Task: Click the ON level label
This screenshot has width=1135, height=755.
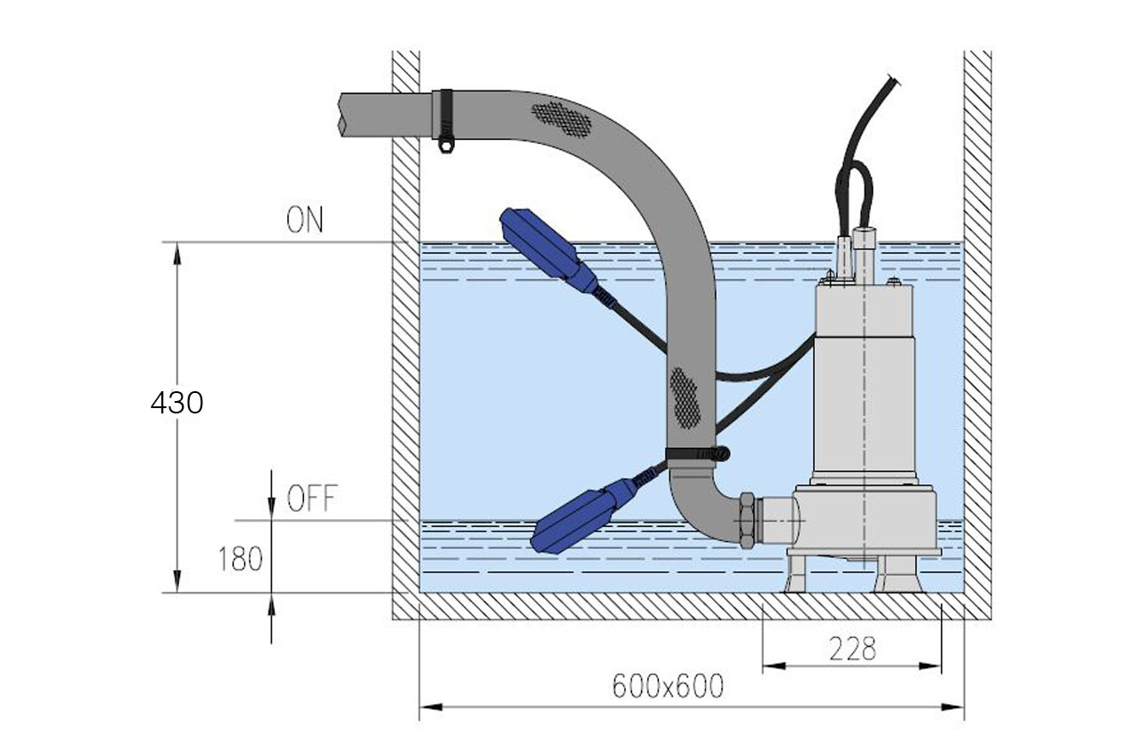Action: [x=304, y=221]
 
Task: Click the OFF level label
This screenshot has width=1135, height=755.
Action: [x=311, y=499]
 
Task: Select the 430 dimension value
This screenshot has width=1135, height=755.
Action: [x=176, y=403]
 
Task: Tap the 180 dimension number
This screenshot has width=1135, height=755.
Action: [x=239, y=560]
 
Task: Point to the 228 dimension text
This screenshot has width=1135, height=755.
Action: [x=852, y=649]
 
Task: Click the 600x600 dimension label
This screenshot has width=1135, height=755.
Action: [x=668, y=686]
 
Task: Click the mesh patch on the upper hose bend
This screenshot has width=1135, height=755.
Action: [x=561, y=118]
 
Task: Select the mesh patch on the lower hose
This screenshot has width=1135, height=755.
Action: [x=685, y=396]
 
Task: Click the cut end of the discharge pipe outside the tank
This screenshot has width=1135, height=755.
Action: [x=341, y=115]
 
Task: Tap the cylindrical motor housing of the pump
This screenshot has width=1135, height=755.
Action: [x=864, y=381]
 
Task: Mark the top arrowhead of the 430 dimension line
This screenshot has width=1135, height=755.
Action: [x=177, y=253]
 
